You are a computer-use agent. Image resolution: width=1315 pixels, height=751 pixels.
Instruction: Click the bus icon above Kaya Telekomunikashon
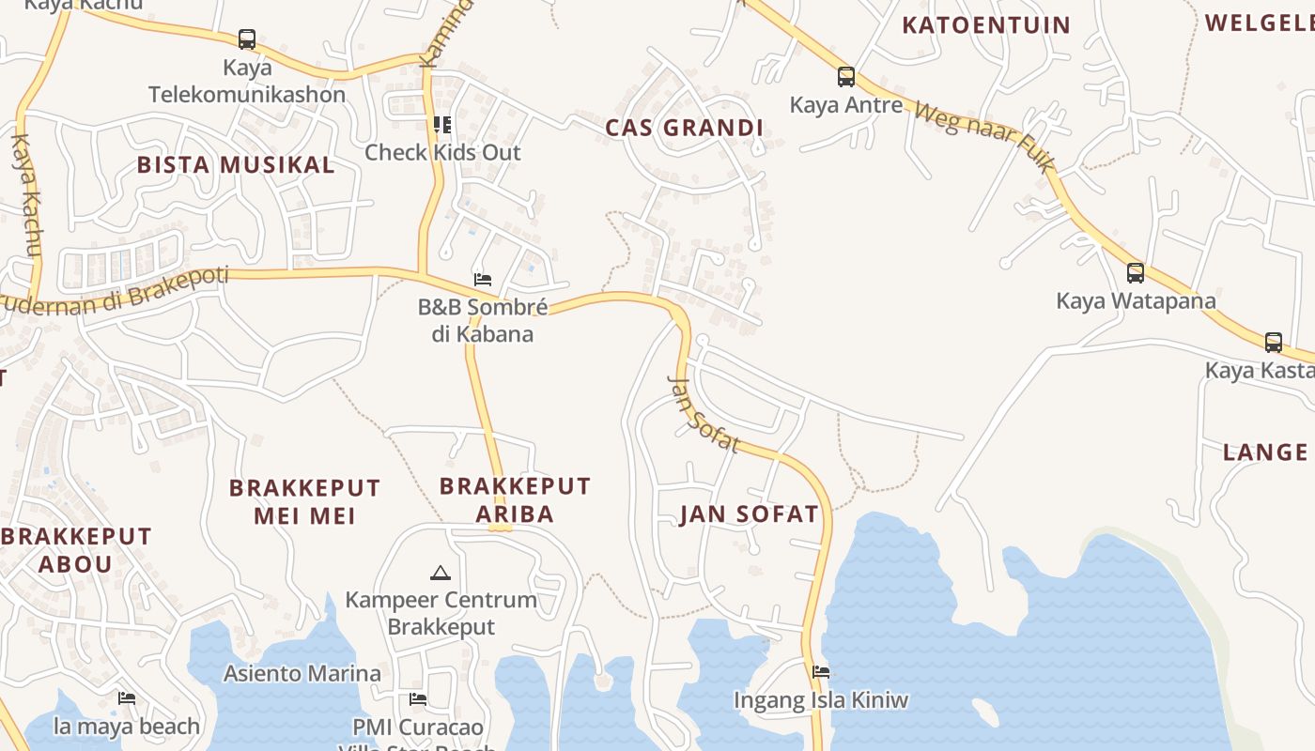247,39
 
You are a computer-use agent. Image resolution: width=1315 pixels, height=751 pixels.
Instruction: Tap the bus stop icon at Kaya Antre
846,77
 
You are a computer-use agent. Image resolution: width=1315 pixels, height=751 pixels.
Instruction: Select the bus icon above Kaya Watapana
1136,273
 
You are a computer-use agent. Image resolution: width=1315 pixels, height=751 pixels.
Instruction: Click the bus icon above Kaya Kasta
1274,343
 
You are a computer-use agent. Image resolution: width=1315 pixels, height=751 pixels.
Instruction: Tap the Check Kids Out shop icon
442,125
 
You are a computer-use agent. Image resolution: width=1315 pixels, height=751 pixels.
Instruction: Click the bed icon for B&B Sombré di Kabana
483,280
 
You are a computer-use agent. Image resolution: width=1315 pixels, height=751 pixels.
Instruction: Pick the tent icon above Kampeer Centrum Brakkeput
440,572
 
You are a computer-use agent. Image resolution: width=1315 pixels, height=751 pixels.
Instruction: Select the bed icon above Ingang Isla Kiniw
821,672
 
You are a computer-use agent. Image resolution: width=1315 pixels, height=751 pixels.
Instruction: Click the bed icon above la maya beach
127,698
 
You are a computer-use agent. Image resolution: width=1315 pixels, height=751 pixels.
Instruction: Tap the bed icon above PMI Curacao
418,699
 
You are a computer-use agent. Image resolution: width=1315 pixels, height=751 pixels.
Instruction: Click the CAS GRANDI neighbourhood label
684,128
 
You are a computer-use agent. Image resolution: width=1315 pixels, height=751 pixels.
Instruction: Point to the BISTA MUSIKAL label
236,165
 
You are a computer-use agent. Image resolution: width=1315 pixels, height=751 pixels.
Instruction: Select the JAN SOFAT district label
750,514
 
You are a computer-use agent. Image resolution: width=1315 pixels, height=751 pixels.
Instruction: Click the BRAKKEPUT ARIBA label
515,499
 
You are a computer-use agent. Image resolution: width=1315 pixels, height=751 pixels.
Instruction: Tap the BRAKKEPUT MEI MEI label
305,501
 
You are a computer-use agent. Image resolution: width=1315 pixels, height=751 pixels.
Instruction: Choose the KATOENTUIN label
986,25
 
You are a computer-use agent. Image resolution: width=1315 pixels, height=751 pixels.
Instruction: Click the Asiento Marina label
302,673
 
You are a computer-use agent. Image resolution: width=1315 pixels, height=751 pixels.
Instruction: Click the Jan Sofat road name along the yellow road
703,413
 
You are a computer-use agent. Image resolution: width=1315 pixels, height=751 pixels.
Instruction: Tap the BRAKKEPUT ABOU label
75,550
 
